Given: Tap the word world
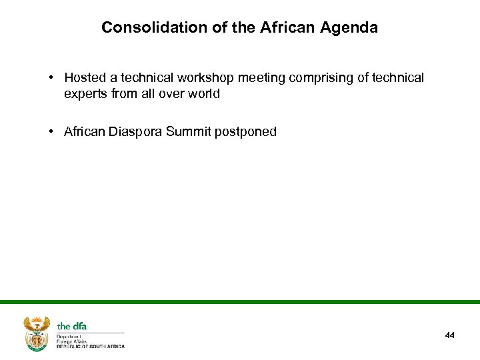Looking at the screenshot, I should (x=203, y=94).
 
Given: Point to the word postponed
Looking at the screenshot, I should (x=245, y=131).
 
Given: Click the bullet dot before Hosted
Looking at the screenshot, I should (x=51, y=78).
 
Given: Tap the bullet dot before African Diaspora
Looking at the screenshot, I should (x=51, y=131).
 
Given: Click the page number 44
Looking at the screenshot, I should (x=450, y=335).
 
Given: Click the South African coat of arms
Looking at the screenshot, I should (x=37, y=333).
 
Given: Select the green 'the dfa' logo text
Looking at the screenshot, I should (x=72, y=326).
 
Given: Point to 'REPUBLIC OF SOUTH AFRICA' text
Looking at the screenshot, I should (x=91, y=346).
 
